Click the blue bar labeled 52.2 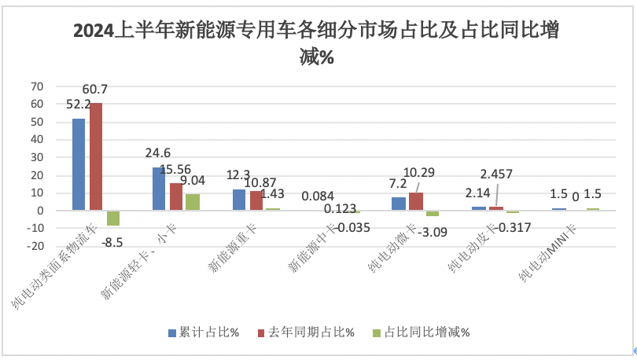79,164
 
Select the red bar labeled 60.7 96,156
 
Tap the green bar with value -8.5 112,218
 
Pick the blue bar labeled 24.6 159,189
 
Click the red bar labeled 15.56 175,197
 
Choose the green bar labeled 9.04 193,202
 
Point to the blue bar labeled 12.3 239,200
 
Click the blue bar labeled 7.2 398,204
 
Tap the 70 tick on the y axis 37,86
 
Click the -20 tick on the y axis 35,246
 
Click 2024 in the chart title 94,31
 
